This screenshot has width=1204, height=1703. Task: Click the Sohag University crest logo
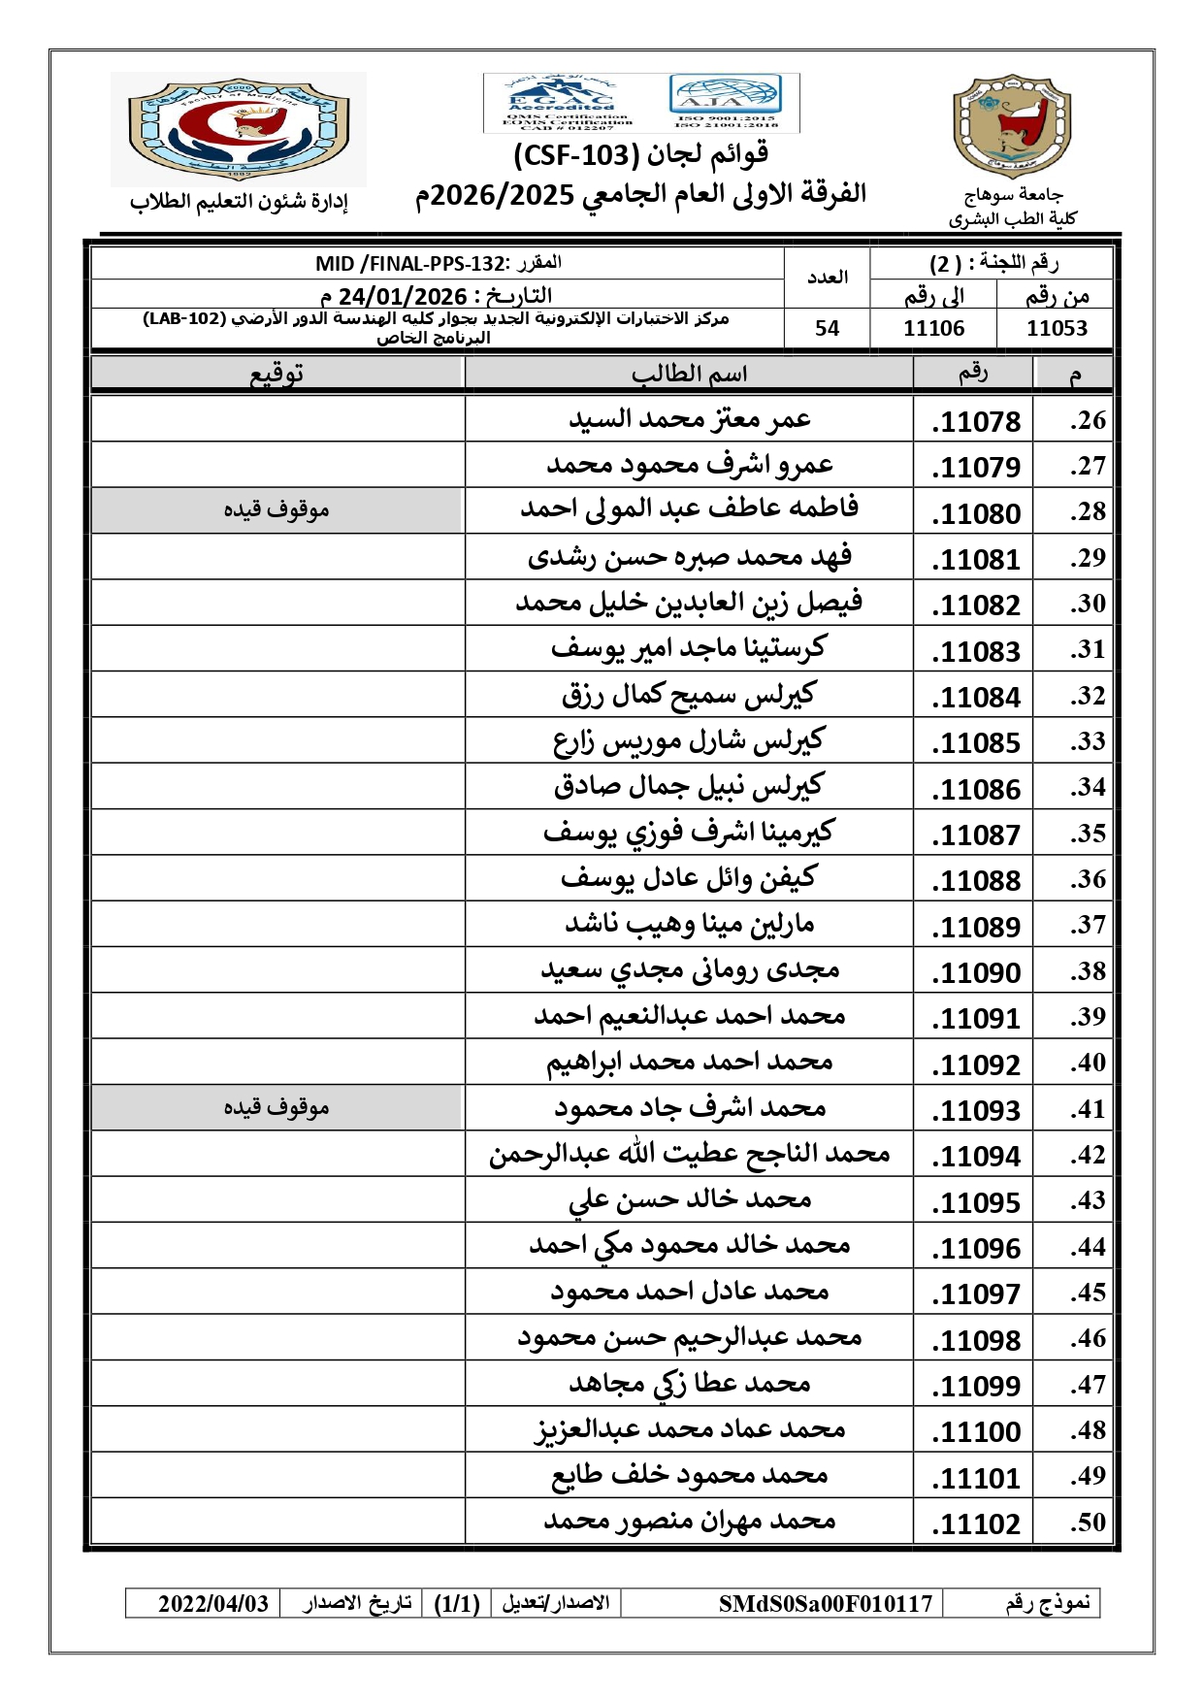point(1012,127)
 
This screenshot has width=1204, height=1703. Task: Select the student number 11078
point(976,422)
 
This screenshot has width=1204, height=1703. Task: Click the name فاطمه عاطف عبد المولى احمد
point(689,508)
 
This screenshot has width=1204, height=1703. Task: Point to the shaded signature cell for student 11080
point(277,510)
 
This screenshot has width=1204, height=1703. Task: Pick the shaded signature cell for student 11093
point(277,1108)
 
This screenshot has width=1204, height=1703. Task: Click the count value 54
point(827,329)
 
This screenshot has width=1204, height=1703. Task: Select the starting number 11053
point(1057,329)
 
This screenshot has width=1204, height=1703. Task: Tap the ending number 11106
point(933,329)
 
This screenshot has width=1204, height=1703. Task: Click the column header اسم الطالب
point(689,375)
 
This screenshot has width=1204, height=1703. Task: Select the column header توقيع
point(277,375)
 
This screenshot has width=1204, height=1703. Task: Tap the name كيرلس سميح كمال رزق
point(689,695)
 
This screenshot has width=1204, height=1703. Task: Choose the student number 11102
point(976,1524)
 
